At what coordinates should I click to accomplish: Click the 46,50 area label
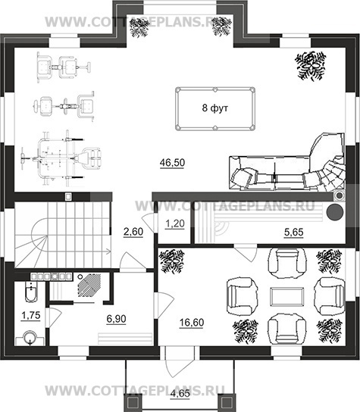[x=172, y=163]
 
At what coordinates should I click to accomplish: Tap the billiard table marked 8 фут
[x=215, y=108]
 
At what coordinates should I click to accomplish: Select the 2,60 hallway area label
[x=133, y=232]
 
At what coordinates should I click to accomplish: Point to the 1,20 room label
[x=175, y=224]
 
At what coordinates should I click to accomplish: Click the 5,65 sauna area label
[x=294, y=233]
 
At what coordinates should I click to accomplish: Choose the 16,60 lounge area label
[x=192, y=323]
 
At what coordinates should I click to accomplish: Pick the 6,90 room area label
[x=116, y=319]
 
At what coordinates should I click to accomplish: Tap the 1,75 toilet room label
[x=31, y=315]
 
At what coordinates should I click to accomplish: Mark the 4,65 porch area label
[x=180, y=394]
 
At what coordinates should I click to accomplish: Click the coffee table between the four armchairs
[x=286, y=296]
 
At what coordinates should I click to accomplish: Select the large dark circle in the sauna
[x=335, y=212]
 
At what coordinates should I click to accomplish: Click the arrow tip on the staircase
[x=110, y=251]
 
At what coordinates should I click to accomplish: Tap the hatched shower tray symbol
[x=89, y=285]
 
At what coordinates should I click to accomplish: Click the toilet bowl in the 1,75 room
[x=31, y=292]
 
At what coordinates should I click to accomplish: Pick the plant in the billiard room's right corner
[x=311, y=66]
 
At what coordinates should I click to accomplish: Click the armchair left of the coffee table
[x=242, y=297]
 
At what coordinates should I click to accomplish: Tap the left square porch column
[x=132, y=403]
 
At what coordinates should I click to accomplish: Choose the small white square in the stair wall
[x=68, y=196]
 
